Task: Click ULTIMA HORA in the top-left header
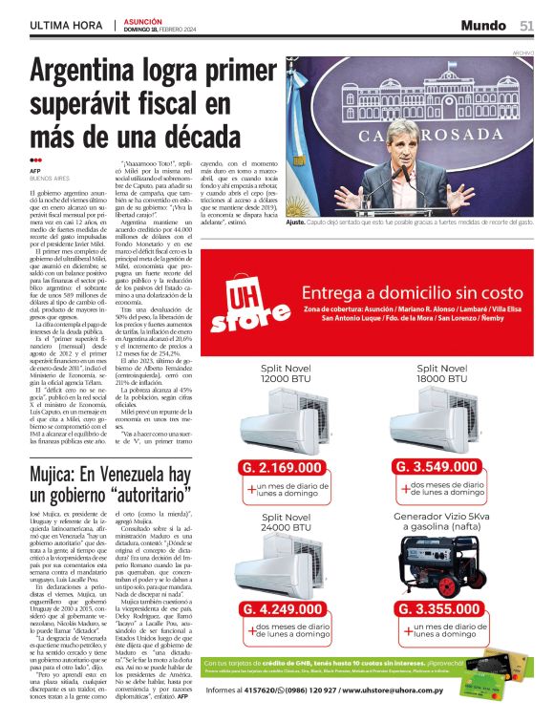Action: pos(64,25)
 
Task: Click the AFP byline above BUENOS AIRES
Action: pos(36,171)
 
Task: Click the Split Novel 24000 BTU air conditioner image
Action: pos(287,568)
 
